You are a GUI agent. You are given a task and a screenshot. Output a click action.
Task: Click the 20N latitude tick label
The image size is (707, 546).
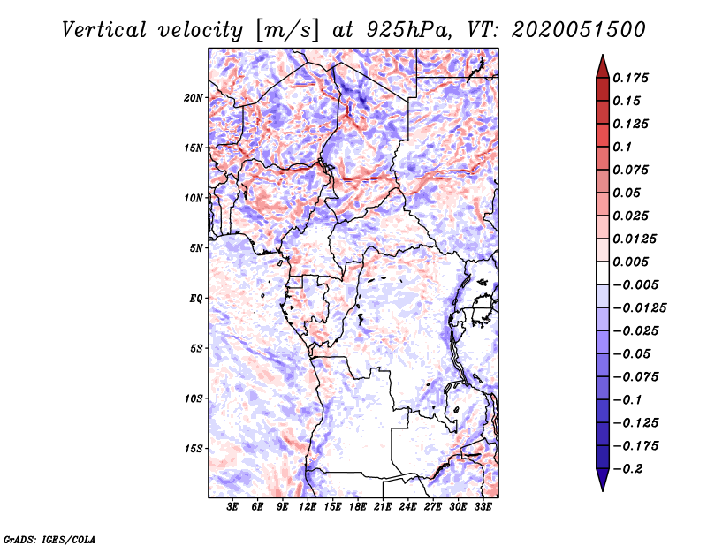point(194,97)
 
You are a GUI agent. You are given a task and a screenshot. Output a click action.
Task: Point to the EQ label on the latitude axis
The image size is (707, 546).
point(196,298)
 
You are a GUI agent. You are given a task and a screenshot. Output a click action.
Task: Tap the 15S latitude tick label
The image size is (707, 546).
point(194,448)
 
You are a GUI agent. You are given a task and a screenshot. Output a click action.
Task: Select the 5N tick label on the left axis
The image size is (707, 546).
point(196,247)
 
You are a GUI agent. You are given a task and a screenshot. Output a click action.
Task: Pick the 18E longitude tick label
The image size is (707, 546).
point(358,507)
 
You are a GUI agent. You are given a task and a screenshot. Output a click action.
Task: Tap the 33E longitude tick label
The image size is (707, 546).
point(483,507)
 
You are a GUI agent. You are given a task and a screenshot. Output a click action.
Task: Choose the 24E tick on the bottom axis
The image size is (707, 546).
point(408,507)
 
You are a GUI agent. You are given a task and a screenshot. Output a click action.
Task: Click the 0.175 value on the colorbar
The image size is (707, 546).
point(631,78)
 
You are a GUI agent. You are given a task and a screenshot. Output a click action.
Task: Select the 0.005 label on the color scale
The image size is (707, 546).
point(631,262)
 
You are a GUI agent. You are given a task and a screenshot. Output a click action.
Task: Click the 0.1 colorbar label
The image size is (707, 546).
point(622,147)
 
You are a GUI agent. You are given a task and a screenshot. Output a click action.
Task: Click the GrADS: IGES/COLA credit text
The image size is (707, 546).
point(49,538)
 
